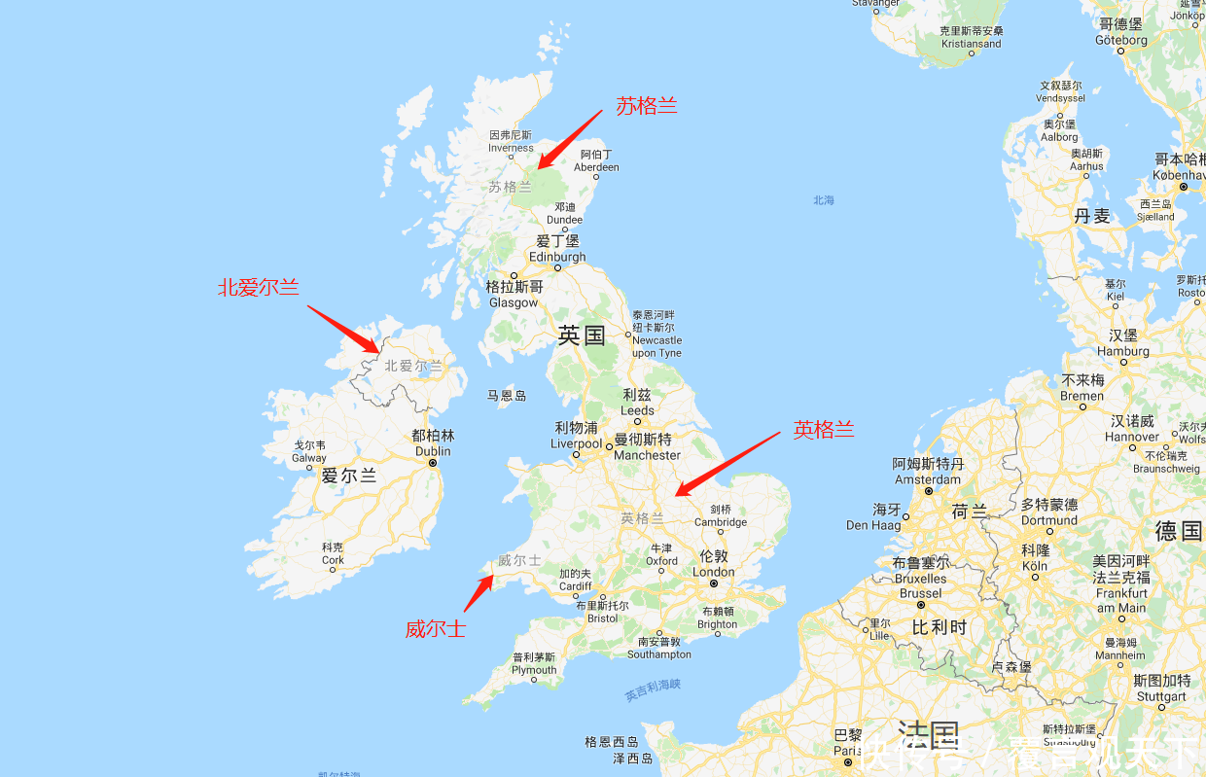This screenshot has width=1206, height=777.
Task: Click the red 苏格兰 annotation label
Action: coord(646,106)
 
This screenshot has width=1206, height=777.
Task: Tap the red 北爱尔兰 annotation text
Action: coord(258,287)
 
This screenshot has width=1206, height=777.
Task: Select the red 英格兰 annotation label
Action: coord(823,430)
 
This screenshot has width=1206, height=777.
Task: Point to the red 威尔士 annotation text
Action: coord(435,628)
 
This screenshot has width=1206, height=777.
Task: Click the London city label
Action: coord(714,564)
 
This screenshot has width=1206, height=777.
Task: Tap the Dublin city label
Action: coord(433,443)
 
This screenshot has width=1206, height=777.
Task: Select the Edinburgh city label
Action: coord(557,249)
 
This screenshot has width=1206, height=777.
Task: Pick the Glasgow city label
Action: coord(514,295)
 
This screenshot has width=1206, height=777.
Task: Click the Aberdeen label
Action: coord(596,160)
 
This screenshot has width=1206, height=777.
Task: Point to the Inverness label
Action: coord(511,141)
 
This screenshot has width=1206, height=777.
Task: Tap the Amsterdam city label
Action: coord(928,472)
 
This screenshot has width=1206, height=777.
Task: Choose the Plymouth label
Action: coord(534,663)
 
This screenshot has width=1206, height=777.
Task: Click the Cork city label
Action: coord(333,553)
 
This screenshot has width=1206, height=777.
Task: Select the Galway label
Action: coord(309,451)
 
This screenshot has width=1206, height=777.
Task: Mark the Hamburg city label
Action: coord(1123,343)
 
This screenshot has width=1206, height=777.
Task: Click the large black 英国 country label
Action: coord(582,336)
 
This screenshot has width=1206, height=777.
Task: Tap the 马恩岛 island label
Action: coord(507,396)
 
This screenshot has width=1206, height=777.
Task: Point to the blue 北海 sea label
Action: coord(824,200)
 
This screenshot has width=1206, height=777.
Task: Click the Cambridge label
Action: coord(721,515)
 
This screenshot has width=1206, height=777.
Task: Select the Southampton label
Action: coord(658,648)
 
